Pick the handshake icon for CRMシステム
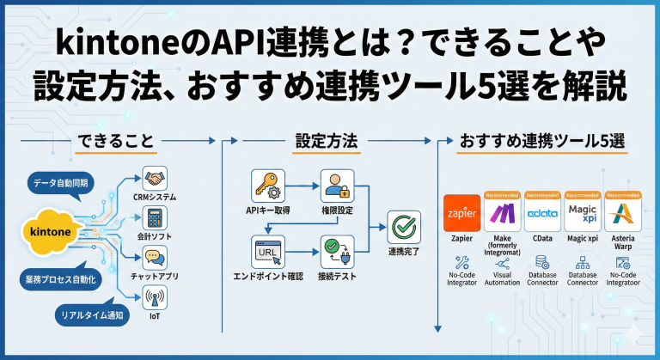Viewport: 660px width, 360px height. (x=156, y=179)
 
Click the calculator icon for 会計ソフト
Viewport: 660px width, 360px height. (x=156, y=217)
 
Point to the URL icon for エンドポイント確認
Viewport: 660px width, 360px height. (x=267, y=252)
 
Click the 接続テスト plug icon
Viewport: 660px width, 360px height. (x=337, y=252)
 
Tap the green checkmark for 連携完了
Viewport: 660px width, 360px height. (x=403, y=228)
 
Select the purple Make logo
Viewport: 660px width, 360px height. (x=503, y=213)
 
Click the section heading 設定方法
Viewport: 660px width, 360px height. (x=326, y=139)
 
